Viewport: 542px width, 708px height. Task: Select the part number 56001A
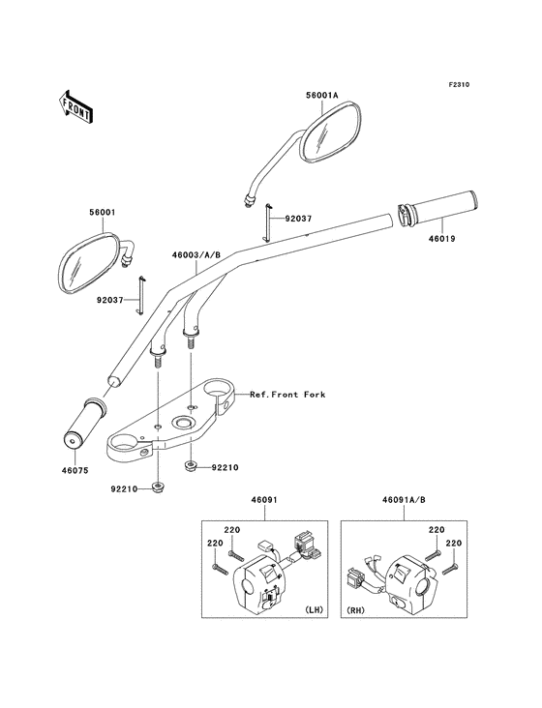tap(322, 96)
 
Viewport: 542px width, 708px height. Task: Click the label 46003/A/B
tap(196, 254)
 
